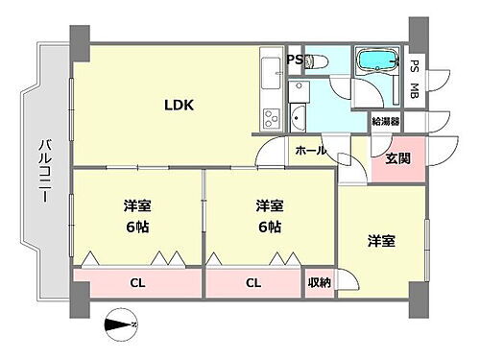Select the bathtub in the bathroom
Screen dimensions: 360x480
tap(378, 62)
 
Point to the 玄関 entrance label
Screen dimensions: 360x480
tap(398, 159)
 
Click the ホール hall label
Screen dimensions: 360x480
tap(310, 151)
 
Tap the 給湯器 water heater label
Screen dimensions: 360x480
tap(387, 122)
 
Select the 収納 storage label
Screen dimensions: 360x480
tap(320, 282)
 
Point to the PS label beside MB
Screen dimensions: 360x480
tap(415, 66)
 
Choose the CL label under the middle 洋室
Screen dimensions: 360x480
tap(253, 282)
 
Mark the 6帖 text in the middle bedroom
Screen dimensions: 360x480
tap(268, 227)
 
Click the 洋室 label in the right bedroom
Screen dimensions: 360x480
tap(381, 241)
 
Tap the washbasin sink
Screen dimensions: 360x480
tap(297, 116)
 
